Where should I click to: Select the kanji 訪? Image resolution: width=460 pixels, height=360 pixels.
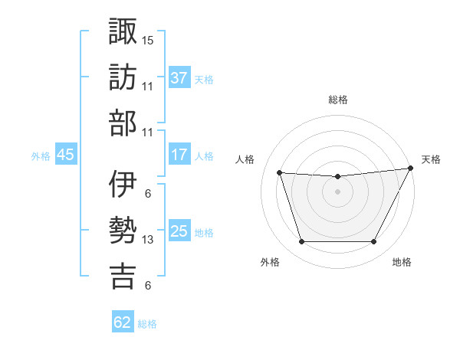(x=123, y=77)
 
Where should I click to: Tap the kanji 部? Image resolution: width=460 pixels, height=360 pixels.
(x=123, y=123)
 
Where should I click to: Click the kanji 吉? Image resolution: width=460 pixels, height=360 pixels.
(x=123, y=276)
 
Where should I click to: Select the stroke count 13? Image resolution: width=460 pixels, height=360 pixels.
(x=148, y=240)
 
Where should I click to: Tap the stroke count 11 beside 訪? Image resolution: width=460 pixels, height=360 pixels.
(x=148, y=87)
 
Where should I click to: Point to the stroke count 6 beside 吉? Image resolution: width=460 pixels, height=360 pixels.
(x=147, y=286)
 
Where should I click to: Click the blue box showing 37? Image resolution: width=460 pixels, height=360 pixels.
(x=179, y=78)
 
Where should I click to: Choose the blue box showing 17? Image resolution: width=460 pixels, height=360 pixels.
(x=179, y=155)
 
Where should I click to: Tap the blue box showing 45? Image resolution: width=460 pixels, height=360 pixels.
(x=65, y=155)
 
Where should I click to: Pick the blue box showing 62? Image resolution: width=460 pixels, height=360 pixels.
(x=123, y=322)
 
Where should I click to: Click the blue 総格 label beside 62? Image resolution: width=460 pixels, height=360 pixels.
(x=147, y=324)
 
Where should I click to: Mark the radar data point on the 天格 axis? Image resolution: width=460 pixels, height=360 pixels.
(x=411, y=169)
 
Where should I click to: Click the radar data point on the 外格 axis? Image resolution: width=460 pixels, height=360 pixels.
(x=301, y=242)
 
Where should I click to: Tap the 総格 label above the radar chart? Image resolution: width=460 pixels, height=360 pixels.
(x=337, y=100)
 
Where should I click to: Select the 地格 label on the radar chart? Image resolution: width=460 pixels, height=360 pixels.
(x=402, y=263)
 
